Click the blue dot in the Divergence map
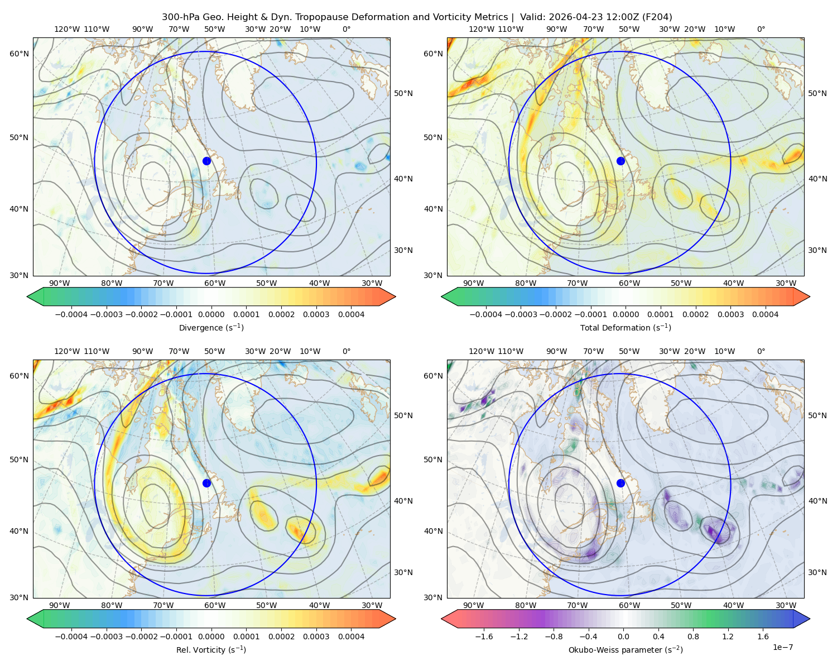(206, 161)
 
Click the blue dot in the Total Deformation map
(620, 161)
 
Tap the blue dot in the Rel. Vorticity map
(206, 483)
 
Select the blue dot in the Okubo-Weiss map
(620, 483)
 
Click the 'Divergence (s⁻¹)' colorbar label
(211, 327)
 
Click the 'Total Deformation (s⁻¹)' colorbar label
(626, 327)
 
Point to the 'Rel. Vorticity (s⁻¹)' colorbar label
(211, 650)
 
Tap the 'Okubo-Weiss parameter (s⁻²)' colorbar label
(626, 650)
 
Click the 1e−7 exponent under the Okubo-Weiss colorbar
(782, 647)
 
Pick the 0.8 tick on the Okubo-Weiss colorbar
(693, 636)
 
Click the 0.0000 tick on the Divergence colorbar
(211, 314)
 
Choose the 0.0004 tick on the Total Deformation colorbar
(765, 314)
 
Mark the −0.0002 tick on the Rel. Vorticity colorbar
(141, 636)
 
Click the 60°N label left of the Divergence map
(19, 54)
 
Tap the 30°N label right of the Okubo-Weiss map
(817, 572)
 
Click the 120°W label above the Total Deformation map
(482, 29)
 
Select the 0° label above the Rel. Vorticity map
(347, 351)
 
